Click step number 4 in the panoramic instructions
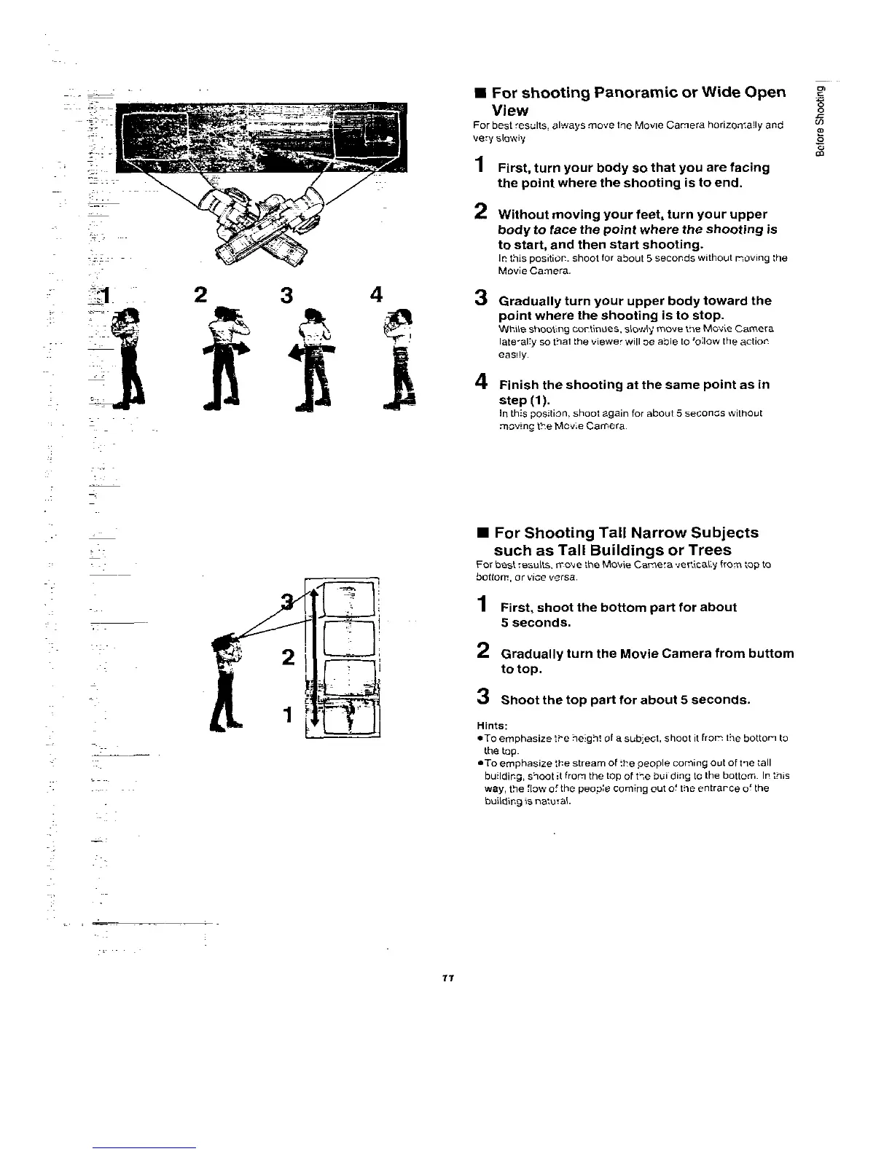pyautogui.click(x=480, y=381)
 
